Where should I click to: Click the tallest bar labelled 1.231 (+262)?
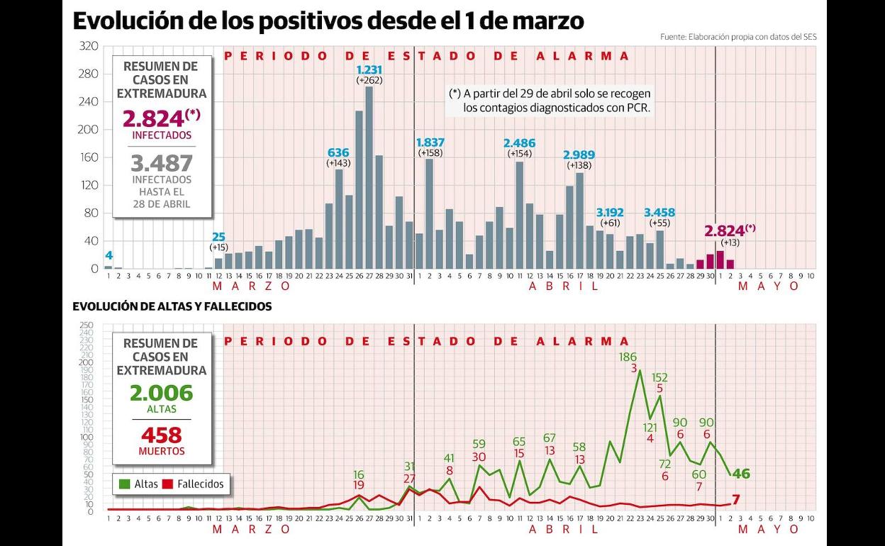(x=369, y=177)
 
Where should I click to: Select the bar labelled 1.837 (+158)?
(x=429, y=213)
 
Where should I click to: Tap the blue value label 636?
(x=338, y=152)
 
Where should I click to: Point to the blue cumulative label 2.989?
(x=579, y=155)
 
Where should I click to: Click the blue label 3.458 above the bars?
(x=659, y=212)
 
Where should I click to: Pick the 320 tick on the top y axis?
(x=89, y=46)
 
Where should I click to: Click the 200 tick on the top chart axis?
(x=89, y=130)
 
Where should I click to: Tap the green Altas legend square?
(x=125, y=484)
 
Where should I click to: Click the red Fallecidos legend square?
(x=168, y=484)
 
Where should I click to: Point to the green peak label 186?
(x=628, y=357)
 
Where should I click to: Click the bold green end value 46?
(x=741, y=474)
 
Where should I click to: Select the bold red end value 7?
(x=735, y=500)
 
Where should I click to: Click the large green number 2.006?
(x=161, y=393)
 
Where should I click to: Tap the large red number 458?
(x=162, y=435)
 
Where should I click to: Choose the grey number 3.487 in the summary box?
(x=162, y=164)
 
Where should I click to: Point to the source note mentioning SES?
(x=737, y=37)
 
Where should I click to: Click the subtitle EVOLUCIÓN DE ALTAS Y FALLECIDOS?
(x=172, y=306)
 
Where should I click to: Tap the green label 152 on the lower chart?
(x=659, y=377)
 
